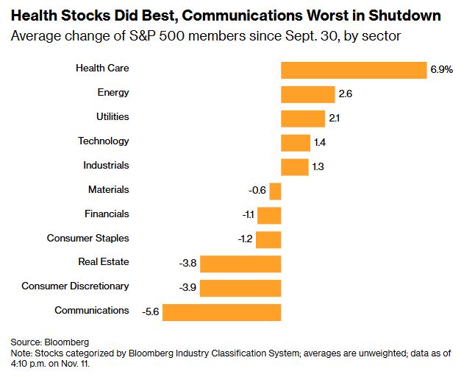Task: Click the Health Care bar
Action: tap(354, 70)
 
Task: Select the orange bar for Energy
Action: tap(304, 94)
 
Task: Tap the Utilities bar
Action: tap(302, 119)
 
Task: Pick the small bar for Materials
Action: tap(276, 191)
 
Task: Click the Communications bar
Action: tap(222, 312)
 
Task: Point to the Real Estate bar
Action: tap(240, 264)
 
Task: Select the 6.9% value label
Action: tap(442, 70)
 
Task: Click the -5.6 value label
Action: tap(151, 312)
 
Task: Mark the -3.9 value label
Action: tap(188, 288)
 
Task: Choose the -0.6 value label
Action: tap(257, 191)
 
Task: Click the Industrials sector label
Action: tap(107, 165)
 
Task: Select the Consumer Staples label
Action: tap(88, 238)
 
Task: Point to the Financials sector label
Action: tap(107, 214)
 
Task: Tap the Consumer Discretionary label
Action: tap(76, 286)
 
